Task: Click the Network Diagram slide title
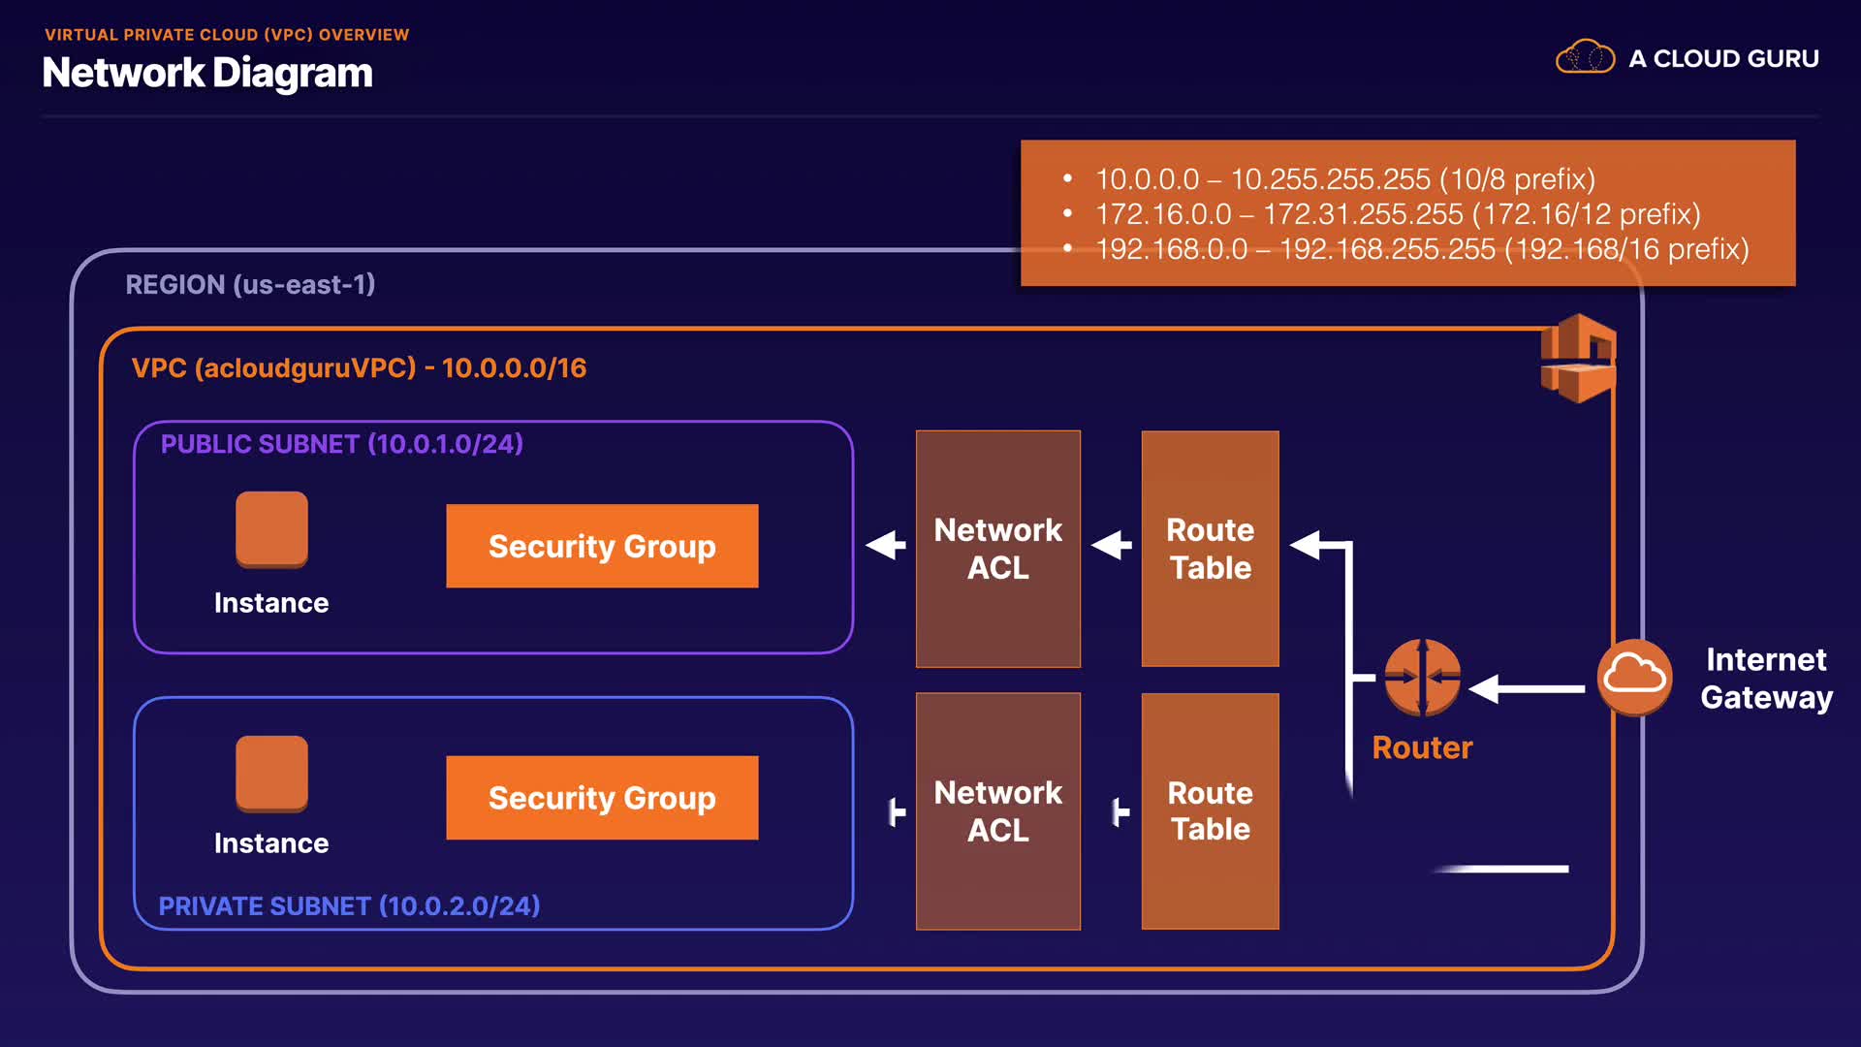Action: coord(207,73)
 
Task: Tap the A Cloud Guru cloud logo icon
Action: coord(1585,57)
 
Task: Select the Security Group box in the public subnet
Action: coord(602,546)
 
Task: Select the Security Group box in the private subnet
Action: coord(602,798)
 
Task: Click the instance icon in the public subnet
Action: coord(271,528)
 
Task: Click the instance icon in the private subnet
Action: coord(271,773)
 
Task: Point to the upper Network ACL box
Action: coord(997,549)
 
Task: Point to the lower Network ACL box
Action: coord(997,810)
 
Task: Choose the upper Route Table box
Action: coord(1210,549)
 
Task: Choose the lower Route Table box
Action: coord(1210,810)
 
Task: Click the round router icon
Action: coord(1422,677)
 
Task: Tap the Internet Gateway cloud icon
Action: coord(1634,676)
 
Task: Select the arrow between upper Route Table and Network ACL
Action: coord(1112,545)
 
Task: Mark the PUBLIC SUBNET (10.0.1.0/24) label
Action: coord(341,444)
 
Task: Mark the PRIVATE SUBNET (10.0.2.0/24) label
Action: coord(349,905)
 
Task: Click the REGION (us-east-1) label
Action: coord(250,284)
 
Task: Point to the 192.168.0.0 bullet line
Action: coord(1421,249)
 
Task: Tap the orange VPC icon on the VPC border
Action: coord(1578,359)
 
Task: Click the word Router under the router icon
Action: coord(1422,747)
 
